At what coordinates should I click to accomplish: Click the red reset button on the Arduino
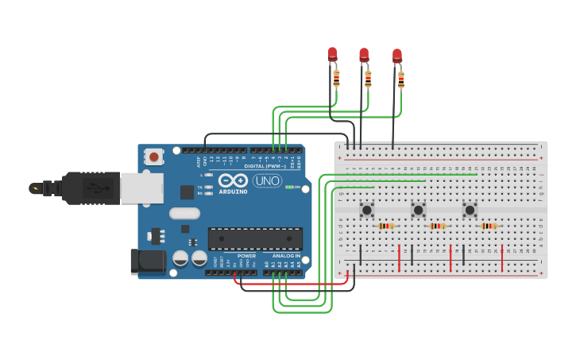coord(153,157)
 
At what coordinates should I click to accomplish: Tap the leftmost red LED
coord(332,54)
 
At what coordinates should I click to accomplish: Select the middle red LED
coord(364,55)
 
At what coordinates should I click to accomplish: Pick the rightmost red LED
coord(397,56)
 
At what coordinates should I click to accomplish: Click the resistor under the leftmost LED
coord(336,78)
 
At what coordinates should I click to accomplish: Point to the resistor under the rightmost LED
coord(401,79)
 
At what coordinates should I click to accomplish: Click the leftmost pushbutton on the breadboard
coord(367,210)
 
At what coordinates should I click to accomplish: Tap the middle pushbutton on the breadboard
coord(419,210)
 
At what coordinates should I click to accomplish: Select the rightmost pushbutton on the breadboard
coord(470,210)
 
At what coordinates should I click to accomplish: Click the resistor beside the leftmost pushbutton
coord(386,226)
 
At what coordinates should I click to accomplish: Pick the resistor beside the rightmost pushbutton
coord(489,226)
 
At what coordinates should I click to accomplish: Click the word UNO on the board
coord(267,180)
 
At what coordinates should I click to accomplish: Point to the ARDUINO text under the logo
coord(233,192)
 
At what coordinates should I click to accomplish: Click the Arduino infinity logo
coord(233,180)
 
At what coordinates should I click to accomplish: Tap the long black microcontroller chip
coord(255,238)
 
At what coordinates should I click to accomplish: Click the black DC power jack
coord(148,261)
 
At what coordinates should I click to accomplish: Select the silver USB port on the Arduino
coord(141,188)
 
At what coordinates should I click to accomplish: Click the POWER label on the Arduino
coord(246,256)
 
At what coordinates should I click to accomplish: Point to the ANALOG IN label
coord(286,256)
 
